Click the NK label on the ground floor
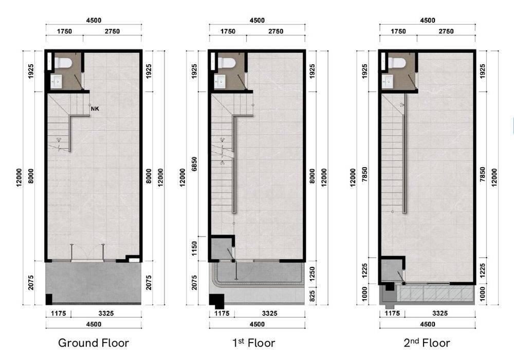[95, 109]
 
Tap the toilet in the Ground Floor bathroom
[63, 63]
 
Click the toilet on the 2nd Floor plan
[397, 63]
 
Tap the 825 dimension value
[312, 296]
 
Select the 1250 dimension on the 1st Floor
[312, 274]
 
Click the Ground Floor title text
[94, 343]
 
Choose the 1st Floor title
[254, 343]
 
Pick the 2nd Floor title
[427, 343]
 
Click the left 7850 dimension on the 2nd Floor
[364, 175]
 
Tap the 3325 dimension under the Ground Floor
[106, 313]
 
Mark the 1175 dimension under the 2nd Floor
[392, 313]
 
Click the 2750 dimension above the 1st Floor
[276, 31]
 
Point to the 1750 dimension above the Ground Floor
[64, 31]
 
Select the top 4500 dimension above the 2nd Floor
[428, 21]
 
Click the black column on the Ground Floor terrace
[49, 299]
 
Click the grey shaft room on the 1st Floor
[221, 249]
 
